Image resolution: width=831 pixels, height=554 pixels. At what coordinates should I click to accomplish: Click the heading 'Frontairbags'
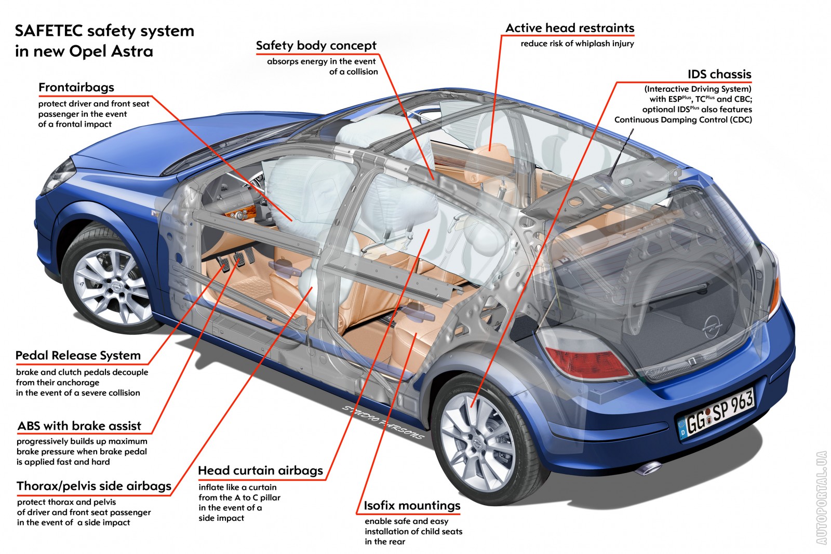pyautogui.click(x=76, y=87)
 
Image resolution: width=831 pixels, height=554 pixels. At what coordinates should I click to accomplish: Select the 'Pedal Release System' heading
pyautogui.click(x=78, y=356)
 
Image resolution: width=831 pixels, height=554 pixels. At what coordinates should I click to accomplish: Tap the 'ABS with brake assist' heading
pyautogui.click(x=79, y=426)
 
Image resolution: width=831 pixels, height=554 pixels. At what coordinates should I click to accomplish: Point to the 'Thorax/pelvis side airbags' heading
pyautogui.click(x=94, y=486)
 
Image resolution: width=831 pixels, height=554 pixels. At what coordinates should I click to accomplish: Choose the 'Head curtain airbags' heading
pyautogui.click(x=260, y=471)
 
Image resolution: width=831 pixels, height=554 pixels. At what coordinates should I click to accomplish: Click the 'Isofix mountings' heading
pyautogui.click(x=412, y=506)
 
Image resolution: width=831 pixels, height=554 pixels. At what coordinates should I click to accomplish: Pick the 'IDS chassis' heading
pyautogui.click(x=719, y=74)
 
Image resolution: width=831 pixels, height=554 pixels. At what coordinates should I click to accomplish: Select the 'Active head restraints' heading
pyautogui.click(x=570, y=28)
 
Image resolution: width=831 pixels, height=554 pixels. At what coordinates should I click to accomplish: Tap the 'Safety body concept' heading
pyautogui.click(x=316, y=46)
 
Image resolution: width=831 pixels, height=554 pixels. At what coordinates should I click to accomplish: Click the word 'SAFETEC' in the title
pyautogui.click(x=49, y=31)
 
